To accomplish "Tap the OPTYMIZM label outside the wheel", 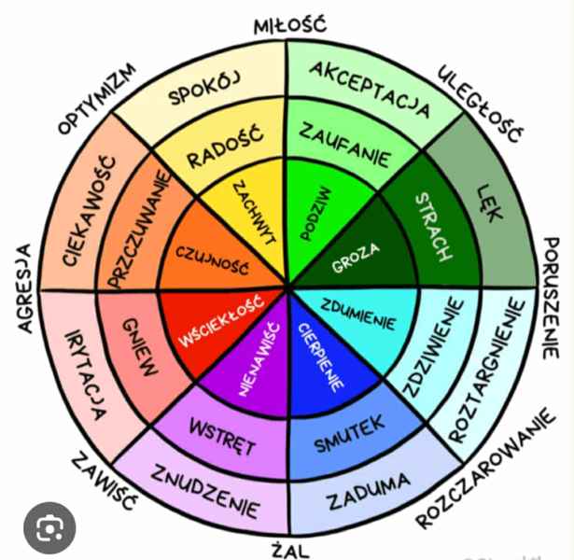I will point(97,99).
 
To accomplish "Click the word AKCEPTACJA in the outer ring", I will point(370,89).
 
